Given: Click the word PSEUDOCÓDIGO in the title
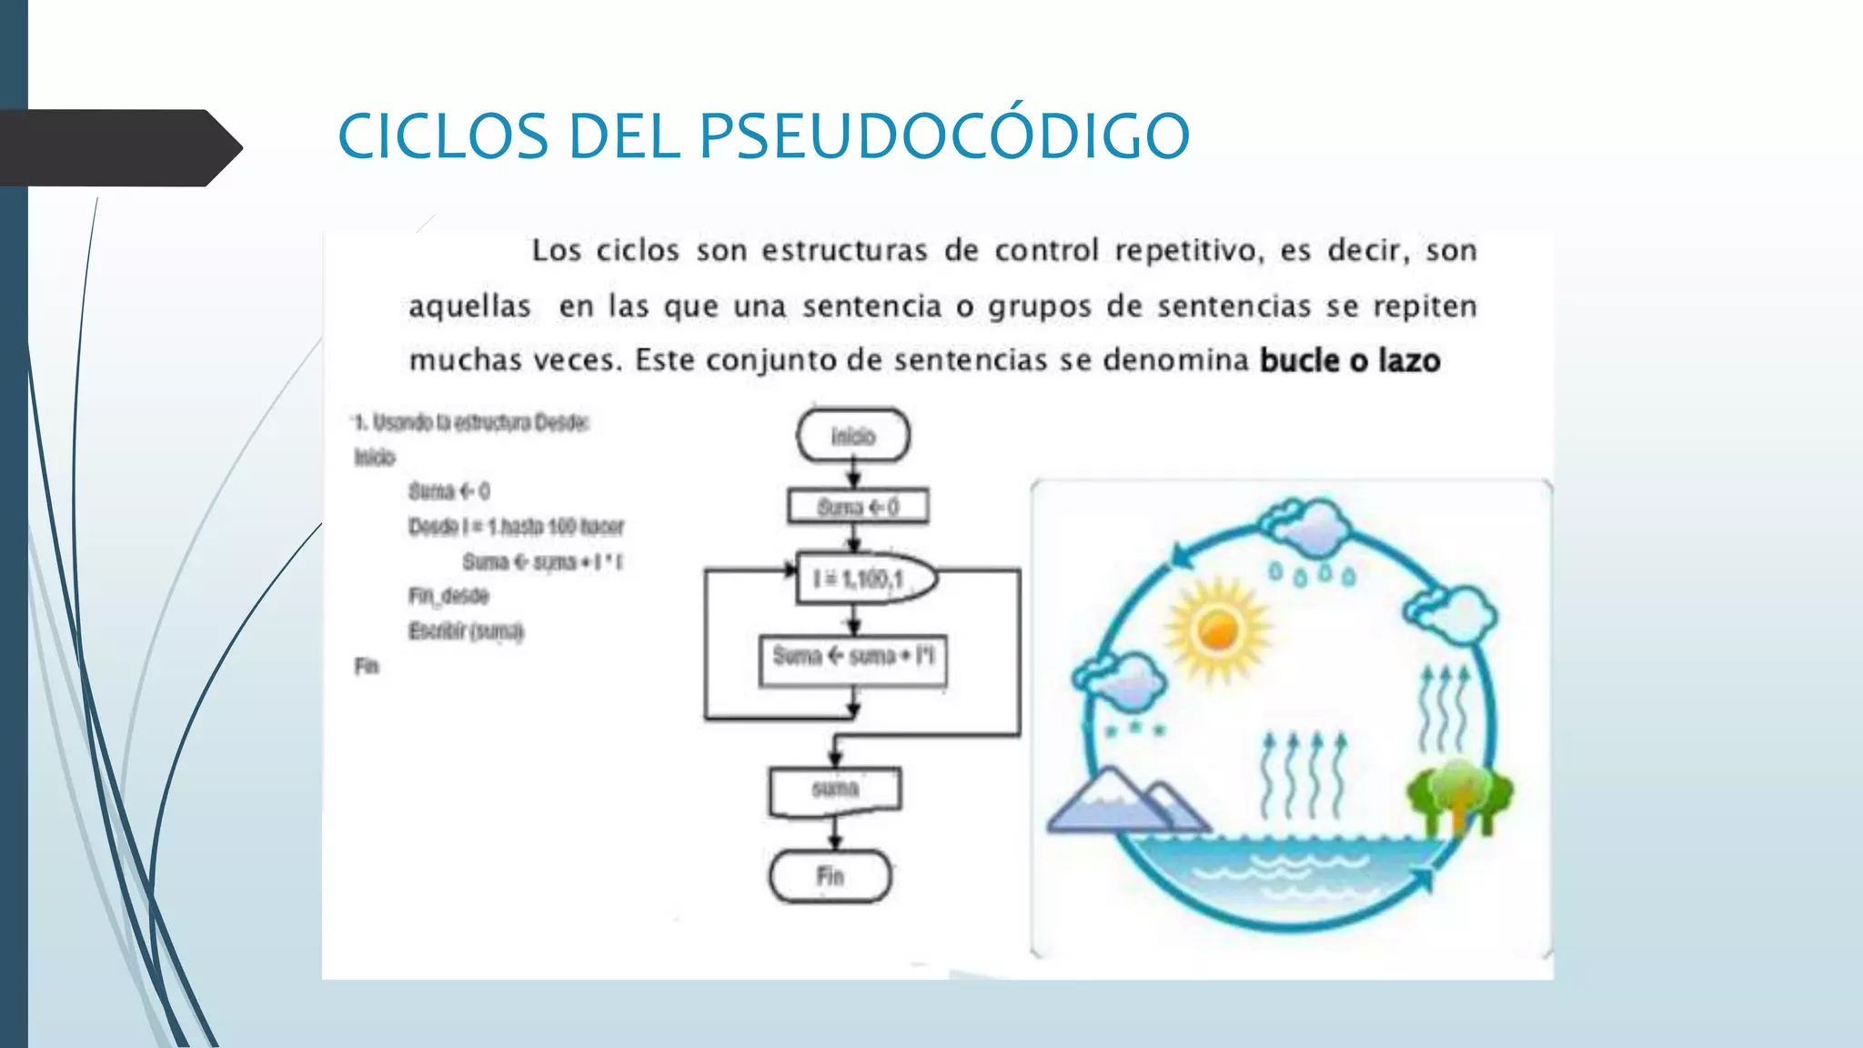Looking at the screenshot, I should [x=943, y=136].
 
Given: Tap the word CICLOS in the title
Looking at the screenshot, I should [x=443, y=136].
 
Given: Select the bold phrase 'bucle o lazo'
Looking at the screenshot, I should [x=1350, y=361].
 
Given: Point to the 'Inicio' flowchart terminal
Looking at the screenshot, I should [x=853, y=436].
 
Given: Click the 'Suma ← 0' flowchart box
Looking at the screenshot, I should [x=858, y=507].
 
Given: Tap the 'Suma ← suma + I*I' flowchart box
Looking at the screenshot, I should [x=853, y=657].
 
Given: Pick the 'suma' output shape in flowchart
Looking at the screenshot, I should [x=835, y=790].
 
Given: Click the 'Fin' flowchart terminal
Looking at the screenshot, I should [x=831, y=876].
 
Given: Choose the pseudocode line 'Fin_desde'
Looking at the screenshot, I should [x=448, y=596].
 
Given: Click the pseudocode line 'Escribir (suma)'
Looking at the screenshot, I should [x=466, y=631].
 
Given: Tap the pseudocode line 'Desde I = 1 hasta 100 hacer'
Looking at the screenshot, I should [x=516, y=527].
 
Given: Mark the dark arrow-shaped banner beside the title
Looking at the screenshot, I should [x=118, y=147].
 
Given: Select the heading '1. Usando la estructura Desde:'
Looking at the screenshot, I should [x=471, y=422].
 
